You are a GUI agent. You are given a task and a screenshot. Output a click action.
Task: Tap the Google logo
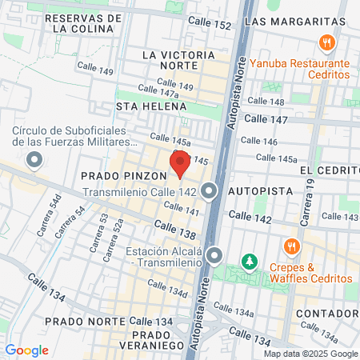pos(26,350)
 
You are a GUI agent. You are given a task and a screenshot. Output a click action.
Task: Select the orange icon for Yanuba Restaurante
pos(326,43)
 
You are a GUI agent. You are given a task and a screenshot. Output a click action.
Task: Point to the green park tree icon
pos(250,262)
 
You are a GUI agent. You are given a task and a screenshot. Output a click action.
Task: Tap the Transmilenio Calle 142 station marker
pos(210,191)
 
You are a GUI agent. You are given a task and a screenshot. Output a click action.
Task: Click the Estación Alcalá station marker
pos(214,255)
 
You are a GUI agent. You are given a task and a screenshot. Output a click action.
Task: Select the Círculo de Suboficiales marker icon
pos(34,162)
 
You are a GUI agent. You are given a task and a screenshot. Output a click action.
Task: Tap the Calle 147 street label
pos(265,118)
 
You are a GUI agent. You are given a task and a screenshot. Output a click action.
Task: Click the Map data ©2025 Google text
pos(311,354)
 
